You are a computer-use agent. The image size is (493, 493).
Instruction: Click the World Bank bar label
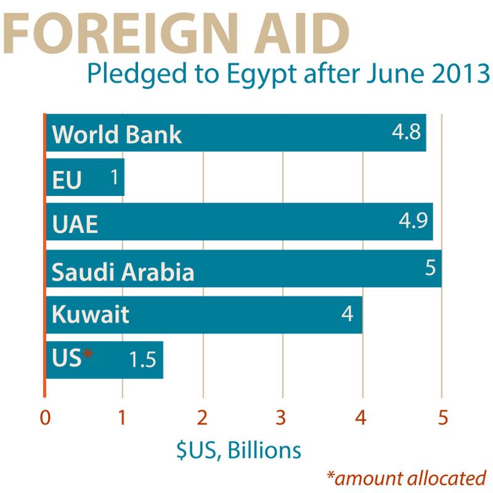click(x=116, y=134)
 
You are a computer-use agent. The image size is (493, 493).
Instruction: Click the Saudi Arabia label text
click(x=123, y=272)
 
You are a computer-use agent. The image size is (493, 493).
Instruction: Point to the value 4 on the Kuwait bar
click(x=347, y=314)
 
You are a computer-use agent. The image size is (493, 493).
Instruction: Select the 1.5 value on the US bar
click(x=142, y=359)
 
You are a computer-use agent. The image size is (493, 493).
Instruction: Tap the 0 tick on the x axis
click(x=44, y=418)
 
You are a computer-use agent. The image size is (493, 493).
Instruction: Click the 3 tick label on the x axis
click(x=282, y=418)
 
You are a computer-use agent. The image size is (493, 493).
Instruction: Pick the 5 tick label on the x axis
click(x=442, y=418)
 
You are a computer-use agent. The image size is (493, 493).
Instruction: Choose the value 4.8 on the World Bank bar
click(x=407, y=131)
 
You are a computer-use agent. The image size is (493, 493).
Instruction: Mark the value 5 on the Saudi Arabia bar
click(x=430, y=268)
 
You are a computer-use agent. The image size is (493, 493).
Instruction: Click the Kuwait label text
click(x=90, y=315)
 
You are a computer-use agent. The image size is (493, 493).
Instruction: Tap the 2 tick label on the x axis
click(x=202, y=418)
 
